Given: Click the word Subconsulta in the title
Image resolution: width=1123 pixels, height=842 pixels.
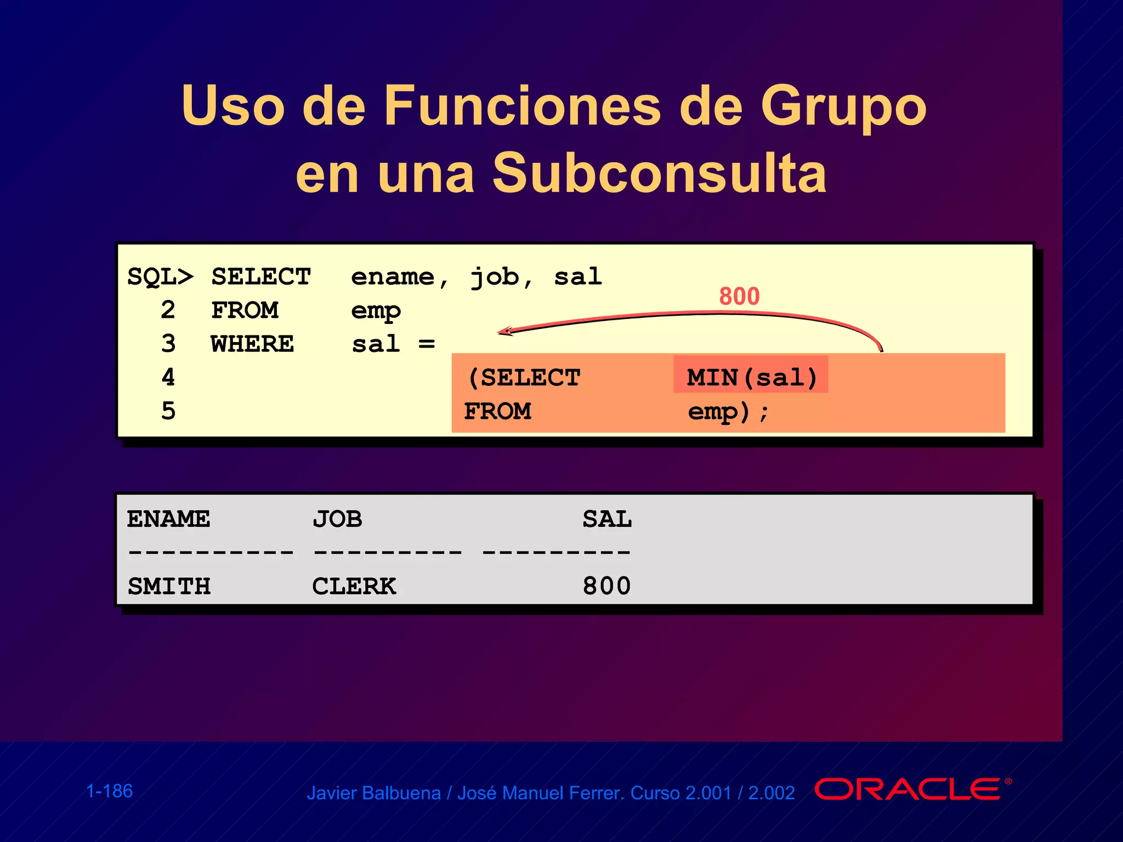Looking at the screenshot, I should (659, 173).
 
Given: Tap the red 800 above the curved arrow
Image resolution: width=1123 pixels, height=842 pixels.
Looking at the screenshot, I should (739, 297).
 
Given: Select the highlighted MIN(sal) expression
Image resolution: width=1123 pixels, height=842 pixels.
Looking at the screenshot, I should (751, 377).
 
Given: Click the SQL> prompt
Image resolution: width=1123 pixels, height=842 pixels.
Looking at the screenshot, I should (160, 277).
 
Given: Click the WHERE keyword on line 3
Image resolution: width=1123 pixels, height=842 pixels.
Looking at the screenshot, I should (252, 344).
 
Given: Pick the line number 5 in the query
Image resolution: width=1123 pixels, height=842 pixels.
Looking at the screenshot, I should (168, 411).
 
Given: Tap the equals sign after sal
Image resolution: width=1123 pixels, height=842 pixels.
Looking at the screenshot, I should (427, 344).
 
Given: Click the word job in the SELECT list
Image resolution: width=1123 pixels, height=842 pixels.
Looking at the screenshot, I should (495, 277).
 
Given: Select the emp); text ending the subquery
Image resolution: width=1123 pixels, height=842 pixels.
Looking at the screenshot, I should (728, 411).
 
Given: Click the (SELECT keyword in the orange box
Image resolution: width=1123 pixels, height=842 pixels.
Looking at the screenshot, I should (524, 378).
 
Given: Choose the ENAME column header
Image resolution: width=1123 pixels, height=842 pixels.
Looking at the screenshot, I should (168, 519).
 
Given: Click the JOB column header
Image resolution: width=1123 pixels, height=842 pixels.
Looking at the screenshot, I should (337, 519).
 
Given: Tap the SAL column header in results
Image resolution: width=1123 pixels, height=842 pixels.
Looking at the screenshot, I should (606, 519).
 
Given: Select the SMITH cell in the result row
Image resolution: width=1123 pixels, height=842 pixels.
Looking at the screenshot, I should (169, 587).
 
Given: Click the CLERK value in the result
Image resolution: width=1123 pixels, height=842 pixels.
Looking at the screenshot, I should (354, 587).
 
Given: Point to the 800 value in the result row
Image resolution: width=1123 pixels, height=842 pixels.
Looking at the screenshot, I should (606, 587).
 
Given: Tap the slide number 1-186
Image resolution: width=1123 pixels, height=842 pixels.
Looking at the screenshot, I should (110, 791).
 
